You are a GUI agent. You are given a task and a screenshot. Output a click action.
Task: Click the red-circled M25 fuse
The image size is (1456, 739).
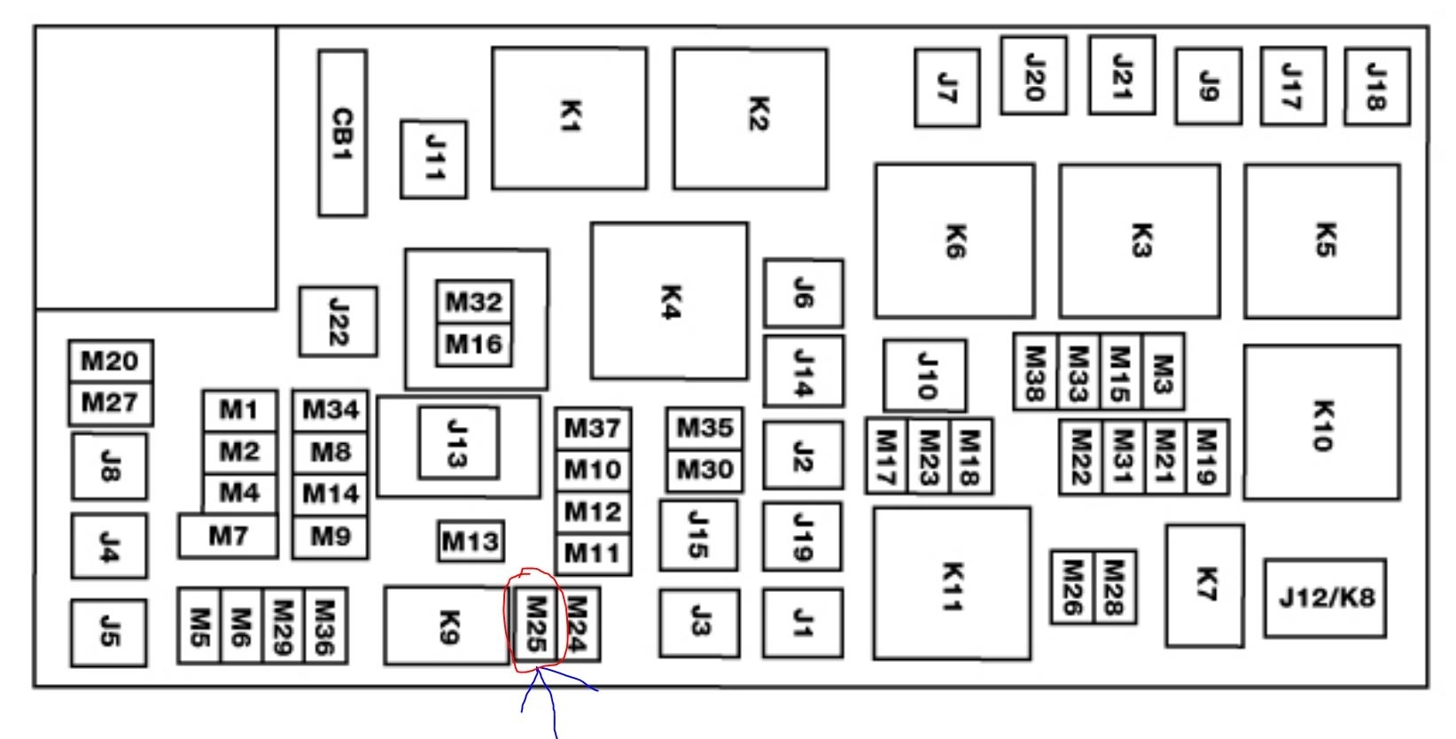535,625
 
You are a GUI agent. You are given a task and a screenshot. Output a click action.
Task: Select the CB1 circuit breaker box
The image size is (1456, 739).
342,133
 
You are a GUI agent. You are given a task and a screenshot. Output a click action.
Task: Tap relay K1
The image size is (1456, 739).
569,118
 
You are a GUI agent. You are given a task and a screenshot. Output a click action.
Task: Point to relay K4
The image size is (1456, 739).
669,301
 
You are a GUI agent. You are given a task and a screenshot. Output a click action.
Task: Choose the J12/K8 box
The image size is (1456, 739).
1325,597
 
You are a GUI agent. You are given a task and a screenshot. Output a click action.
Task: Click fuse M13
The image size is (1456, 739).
471,541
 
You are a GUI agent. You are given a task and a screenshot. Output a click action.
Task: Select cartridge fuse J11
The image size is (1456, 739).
433,159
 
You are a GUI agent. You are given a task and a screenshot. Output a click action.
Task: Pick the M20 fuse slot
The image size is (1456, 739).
110,362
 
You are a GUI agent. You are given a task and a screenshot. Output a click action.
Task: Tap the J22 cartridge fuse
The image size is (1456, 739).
338,321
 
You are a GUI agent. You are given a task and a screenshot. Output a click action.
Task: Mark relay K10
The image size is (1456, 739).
1321,423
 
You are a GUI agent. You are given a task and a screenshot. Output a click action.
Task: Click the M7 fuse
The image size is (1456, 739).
228,536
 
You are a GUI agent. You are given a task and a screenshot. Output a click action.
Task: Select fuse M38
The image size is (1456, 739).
1034,372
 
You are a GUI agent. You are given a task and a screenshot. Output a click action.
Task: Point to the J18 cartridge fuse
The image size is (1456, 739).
1376,86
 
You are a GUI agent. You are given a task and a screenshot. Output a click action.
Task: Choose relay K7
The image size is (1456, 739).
1204,585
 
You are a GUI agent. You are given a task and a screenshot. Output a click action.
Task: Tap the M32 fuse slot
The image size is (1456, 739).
474,302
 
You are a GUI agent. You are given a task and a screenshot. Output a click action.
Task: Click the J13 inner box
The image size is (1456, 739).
458,442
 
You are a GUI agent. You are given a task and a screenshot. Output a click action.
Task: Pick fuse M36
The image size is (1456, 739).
325,626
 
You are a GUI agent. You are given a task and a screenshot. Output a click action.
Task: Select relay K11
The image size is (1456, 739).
951,584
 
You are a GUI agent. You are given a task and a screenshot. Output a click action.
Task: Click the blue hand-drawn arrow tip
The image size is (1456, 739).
538,671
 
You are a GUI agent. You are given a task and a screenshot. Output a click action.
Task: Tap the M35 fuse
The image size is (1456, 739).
705,428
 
